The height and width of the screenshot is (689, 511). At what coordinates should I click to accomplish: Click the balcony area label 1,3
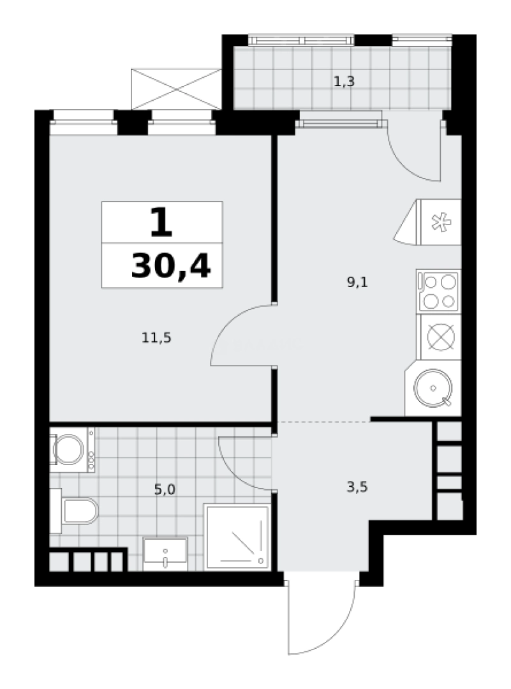pos(344,81)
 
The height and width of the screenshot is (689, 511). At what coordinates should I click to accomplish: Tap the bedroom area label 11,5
pos(156,338)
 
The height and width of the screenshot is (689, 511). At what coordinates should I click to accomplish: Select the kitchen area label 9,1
pos(357,282)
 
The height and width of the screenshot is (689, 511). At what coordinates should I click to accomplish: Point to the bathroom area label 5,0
pos(165,489)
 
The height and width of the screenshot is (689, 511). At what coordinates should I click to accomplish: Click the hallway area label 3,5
pos(357,487)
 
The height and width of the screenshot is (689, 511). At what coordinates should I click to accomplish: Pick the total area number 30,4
pos(171,267)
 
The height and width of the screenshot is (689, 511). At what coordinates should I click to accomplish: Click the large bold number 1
pos(161,223)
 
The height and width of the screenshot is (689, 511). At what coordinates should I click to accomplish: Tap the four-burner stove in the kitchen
pos(438,292)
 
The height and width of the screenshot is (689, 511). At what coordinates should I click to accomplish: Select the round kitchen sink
pos(433,388)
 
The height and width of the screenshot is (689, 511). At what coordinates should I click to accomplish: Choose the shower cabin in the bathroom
pos(237,537)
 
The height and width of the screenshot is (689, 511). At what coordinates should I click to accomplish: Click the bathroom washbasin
pos(165,554)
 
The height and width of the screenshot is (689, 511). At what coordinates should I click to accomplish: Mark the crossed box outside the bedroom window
pos(176,89)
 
